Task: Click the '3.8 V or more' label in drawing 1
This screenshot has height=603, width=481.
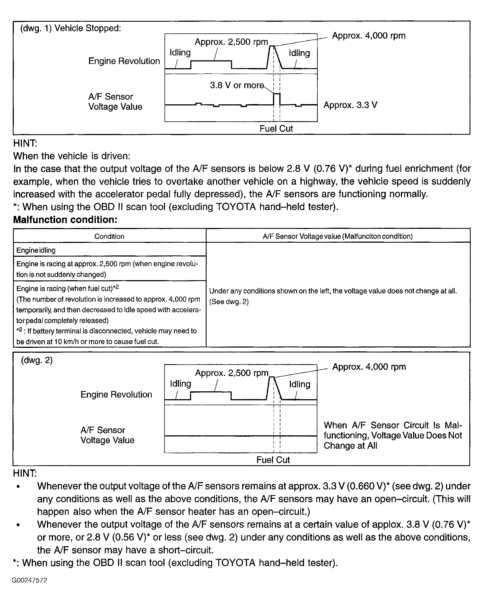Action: pyautogui.click(x=237, y=85)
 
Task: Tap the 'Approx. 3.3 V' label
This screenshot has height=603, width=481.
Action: pyautogui.click(x=350, y=105)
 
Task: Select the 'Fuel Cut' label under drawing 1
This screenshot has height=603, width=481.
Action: pyautogui.click(x=276, y=128)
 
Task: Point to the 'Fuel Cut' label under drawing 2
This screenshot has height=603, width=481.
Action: pyautogui.click(x=273, y=460)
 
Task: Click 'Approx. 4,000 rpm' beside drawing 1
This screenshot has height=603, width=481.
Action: pyautogui.click(x=368, y=36)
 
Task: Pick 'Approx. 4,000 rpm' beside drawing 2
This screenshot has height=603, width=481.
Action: pyautogui.click(x=369, y=367)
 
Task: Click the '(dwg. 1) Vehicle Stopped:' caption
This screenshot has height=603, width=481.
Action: pyautogui.click(x=71, y=28)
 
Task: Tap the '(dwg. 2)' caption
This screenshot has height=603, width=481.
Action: pyautogui.click(x=37, y=360)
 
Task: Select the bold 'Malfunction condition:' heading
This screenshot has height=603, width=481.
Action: pyautogui.click(x=65, y=220)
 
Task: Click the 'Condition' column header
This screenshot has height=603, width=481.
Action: pyautogui.click(x=109, y=236)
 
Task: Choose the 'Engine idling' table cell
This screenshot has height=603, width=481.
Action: pyautogui.click(x=36, y=250)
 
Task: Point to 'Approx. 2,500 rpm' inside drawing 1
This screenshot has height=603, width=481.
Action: pyautogui.click(x=231, y=42)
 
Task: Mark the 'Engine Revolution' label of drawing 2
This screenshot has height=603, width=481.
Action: pyautogui.click(x=116, y=394)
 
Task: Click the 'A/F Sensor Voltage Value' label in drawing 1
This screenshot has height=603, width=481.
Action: pyautogui.click(x=115, y=102)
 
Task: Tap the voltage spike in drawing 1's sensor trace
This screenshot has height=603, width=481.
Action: pyautogui.click(x=277, y=98)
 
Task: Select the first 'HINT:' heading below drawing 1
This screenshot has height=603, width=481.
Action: pyautogui.click(x=25, y=143)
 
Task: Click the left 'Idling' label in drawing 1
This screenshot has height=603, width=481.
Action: pyautogui.click(x=180, y=52)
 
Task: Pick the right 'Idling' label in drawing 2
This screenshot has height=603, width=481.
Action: pyautogui.click(x=299, y=384)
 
